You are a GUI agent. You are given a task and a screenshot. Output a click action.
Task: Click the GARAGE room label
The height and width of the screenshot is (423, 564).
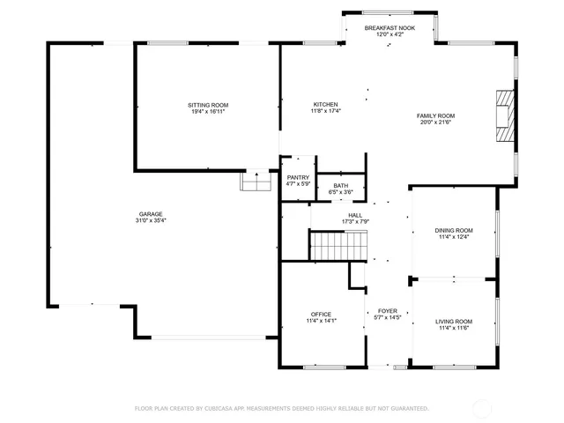(150, 213)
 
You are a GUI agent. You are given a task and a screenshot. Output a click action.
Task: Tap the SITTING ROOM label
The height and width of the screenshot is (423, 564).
(208, 105)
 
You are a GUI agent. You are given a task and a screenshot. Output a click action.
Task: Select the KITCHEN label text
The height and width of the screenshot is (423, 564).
(325, 104)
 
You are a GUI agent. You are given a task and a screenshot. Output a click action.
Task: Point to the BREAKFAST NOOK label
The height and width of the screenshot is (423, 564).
(390, 28)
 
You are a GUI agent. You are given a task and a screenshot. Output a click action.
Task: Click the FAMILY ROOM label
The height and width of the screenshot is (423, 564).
(435, 115)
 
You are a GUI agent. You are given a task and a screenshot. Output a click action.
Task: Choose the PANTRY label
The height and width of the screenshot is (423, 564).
(298, 177)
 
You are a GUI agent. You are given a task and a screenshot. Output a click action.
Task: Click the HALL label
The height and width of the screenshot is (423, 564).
(355, 214)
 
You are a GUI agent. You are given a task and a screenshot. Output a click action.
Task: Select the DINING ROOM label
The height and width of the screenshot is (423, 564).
(454, 230)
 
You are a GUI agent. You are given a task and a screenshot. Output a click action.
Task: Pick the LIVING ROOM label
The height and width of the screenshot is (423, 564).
(454, 321)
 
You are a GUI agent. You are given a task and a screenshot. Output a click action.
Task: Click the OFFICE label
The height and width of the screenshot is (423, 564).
(320, 314)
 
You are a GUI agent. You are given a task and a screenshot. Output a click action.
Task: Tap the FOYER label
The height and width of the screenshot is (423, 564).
(388, 311)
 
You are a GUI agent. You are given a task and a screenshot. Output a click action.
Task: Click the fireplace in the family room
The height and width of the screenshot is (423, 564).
(504, 115)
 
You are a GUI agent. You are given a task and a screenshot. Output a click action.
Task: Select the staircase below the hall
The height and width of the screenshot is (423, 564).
(337, 245)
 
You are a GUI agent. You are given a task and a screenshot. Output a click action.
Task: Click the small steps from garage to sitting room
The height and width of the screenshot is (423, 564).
(255, 181)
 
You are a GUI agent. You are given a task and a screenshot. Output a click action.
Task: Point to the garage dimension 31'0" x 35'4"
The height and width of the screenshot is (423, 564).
(150, 220)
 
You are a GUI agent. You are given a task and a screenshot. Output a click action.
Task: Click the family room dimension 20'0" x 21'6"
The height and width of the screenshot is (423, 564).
(435, 122)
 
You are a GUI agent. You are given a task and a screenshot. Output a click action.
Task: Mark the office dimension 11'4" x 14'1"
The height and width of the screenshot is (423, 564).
(320, 321)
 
